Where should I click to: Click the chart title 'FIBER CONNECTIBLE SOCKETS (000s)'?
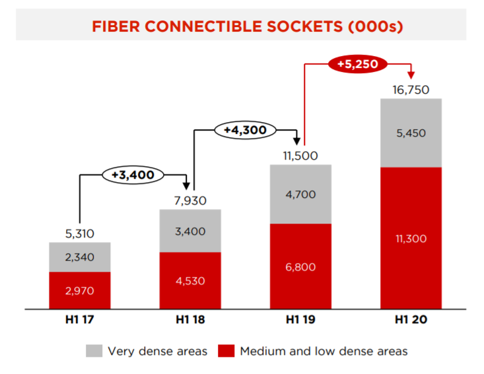[x=248, y=26]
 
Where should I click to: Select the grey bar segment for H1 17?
[x=80, y=257]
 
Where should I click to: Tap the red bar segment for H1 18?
[x=190, y=280]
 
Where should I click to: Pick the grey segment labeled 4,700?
[x=300, y=194]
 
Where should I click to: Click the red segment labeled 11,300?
[x=411, y=238]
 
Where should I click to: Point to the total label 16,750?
[x=411, y=90]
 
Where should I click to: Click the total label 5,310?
[x=80, y=234]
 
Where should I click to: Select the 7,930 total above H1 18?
[x=190, y=201]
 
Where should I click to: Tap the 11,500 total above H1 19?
[x=300, y=156]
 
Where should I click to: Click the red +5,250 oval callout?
[x=357, y=64]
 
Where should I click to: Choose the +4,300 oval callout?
[x=246, y=130]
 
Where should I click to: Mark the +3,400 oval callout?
[x=133, y=175]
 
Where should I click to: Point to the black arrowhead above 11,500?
[x=296, y=141]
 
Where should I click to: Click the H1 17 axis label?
[x=80, y=319]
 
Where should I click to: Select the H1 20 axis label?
[x=411, y=319]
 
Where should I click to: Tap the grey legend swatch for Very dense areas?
[x=94, y=351]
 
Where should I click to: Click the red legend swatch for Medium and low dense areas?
[x=226, y=351]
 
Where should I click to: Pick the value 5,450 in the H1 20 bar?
[x=411, y=133]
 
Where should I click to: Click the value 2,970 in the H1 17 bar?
[x=80, y=291]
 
